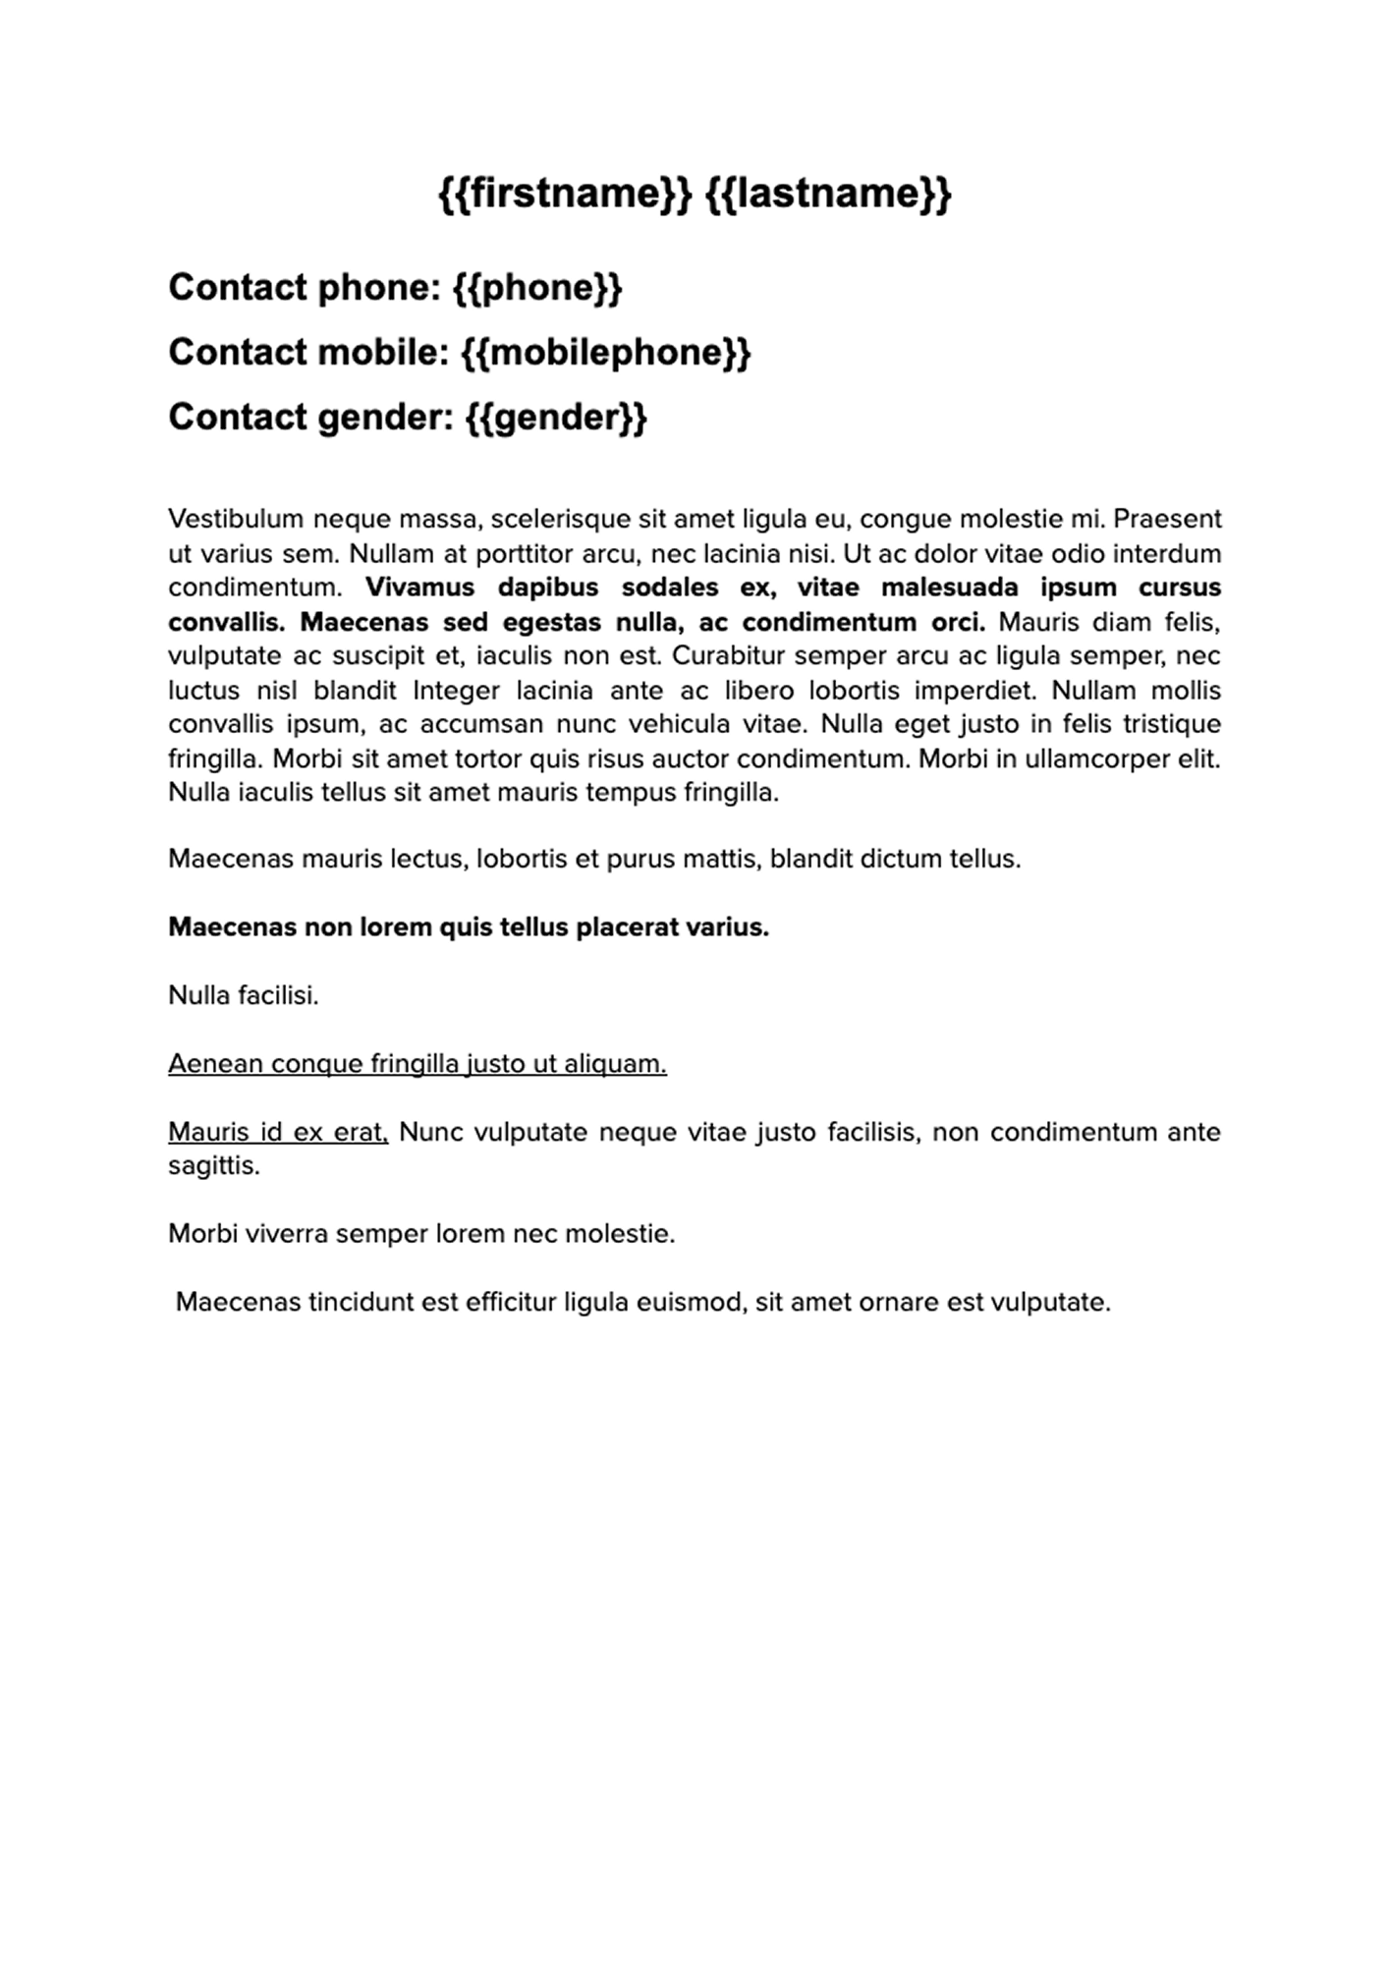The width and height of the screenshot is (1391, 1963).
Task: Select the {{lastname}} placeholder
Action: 828,194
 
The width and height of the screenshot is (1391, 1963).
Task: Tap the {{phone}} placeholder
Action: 537,288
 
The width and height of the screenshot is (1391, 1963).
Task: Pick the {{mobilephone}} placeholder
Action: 606,353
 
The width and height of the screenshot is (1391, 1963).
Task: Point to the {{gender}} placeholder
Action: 555,418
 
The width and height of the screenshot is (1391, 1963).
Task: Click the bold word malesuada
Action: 930,588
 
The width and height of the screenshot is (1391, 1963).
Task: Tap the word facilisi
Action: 279,995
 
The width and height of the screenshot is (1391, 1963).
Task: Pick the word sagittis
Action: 213,1166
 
